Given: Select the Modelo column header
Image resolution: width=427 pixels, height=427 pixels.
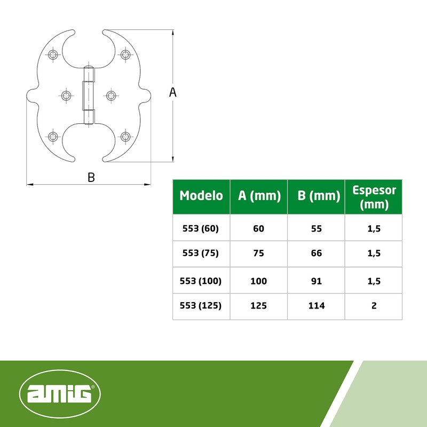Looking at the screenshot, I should coord(201,196).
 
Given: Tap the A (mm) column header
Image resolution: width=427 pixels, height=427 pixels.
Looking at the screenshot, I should coord(259,196).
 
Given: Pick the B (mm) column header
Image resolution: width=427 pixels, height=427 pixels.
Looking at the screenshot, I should coord(317,196).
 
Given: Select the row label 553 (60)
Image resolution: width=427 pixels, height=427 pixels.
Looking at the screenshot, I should coord(201,228).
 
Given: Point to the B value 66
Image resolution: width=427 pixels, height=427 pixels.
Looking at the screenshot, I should coord(317,254).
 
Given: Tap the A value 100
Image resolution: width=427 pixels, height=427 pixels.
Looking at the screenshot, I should coord(259,281).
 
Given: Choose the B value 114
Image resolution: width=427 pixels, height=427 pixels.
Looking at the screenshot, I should coord(317,306).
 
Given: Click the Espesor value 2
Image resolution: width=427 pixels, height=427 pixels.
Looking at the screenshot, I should coord(374,306).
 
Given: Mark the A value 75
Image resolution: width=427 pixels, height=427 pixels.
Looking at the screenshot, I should coord(259,254).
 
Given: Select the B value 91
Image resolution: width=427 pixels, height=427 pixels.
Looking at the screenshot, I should coord(317,281).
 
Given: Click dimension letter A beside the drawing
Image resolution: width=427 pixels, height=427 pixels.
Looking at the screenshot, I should coord(172,92).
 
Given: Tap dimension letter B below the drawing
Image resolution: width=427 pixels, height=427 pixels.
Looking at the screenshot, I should coord(91,178).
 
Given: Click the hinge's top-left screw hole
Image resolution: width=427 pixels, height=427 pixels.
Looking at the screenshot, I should coord(53,54).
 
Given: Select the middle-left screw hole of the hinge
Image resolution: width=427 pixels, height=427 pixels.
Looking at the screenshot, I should coord(66,96).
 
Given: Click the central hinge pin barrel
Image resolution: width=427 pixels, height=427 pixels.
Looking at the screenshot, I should coord(89,95).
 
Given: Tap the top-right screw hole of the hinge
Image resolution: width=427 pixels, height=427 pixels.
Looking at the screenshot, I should coord(125,54).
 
